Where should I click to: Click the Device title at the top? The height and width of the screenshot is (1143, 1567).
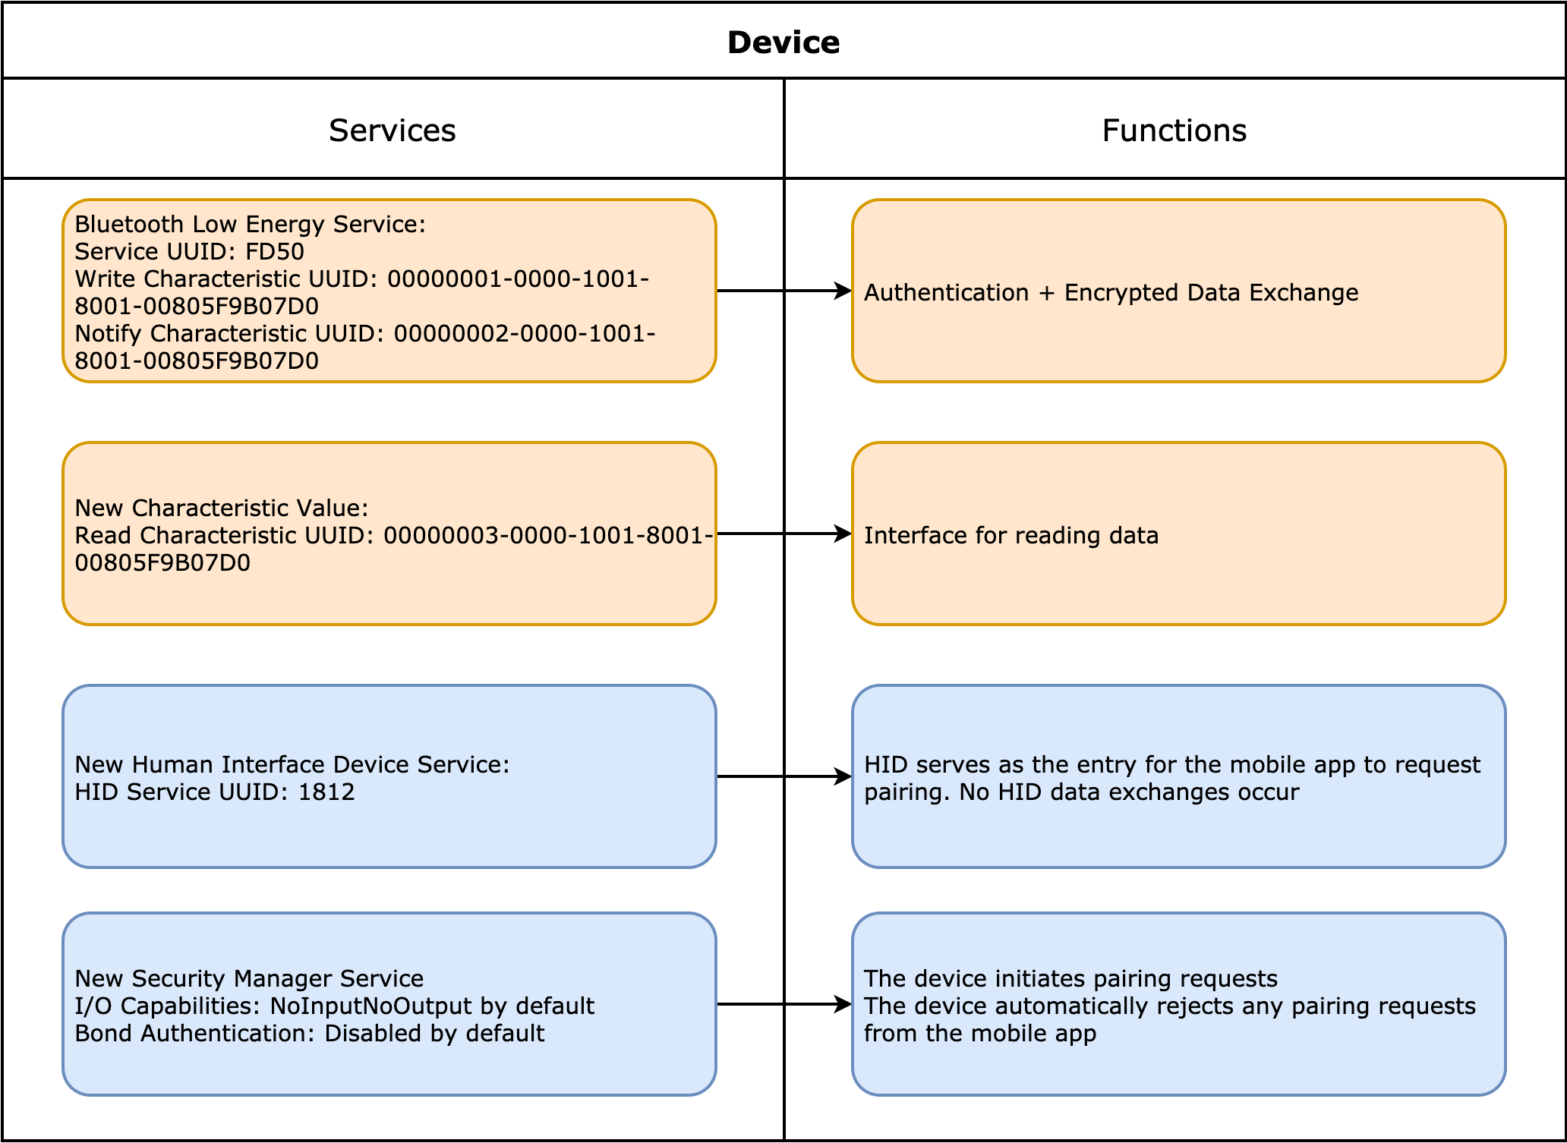point(783,43)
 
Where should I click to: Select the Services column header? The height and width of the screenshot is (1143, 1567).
point(392,131)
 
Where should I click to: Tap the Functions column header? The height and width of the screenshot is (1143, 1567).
point(1174,131)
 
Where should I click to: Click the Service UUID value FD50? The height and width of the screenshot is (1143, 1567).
point(275,251)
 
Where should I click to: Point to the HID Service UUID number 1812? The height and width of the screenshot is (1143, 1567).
point(326,792)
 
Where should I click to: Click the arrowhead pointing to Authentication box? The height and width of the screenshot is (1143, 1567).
point(843,291)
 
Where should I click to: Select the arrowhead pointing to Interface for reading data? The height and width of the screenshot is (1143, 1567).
point(843,534)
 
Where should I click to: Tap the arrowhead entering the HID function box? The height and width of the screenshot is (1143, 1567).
point(843,776)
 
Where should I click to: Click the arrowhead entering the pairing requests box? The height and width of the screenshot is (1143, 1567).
point(843,1004)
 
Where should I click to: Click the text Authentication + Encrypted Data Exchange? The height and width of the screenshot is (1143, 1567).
point(1111,292)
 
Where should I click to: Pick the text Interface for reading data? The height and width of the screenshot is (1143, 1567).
point(1011,535)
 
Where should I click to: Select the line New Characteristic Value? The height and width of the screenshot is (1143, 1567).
point(222,508)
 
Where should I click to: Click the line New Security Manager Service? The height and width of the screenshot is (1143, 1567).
point(249,978)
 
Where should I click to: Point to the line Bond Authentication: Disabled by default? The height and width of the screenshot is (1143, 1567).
point(310,1033)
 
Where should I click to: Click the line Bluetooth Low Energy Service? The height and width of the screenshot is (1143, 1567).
point(251,224)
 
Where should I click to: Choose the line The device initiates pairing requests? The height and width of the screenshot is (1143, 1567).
point(1070,978)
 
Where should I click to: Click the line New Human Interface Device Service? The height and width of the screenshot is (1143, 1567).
point(292,764)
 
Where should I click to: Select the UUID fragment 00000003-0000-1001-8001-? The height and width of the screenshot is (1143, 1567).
point(548,535)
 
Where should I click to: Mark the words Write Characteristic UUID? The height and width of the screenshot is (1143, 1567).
point(225,279)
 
